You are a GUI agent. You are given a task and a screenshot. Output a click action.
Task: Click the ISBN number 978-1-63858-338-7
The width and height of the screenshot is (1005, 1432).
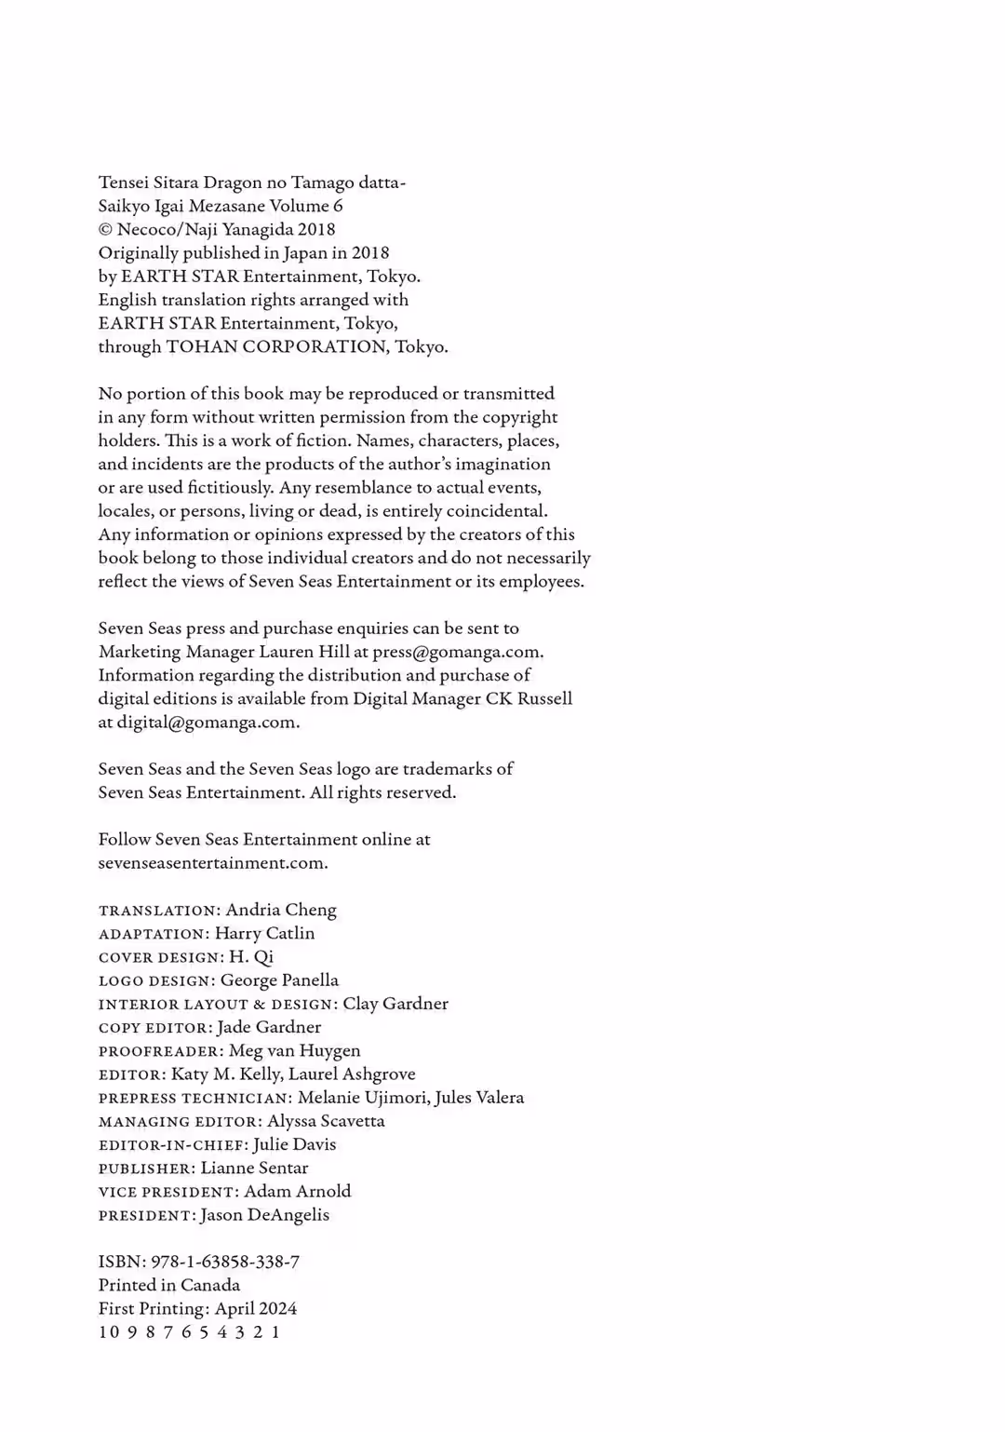(225, 1262)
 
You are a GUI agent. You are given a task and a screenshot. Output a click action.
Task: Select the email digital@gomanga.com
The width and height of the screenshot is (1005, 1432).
(207, 723)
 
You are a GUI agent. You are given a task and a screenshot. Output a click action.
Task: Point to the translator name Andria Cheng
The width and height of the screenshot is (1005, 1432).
(281, 910)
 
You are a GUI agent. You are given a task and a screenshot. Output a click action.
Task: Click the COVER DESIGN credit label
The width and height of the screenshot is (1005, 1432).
(161, 957)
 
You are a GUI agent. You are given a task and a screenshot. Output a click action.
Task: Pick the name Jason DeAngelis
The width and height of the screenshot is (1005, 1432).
(265, 1215)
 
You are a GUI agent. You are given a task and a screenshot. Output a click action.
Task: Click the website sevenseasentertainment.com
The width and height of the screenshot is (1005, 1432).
(212, 863)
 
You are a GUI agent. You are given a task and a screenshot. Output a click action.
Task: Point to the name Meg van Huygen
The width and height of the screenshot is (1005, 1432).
(295, 1050)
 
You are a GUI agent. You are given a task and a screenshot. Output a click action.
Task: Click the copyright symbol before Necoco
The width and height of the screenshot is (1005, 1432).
(105, 230)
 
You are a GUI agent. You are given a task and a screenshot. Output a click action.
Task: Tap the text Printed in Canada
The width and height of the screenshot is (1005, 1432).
(169, 1285)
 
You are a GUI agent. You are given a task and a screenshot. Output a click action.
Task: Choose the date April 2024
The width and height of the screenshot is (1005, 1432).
(256, 1308)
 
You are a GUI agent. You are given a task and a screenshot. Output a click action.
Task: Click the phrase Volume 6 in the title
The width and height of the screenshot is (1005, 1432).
(305, 206)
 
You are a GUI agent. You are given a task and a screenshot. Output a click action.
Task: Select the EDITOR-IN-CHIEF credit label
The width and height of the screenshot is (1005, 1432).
(173, 1145)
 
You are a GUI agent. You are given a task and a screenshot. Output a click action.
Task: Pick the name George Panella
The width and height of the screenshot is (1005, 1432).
(279, 980)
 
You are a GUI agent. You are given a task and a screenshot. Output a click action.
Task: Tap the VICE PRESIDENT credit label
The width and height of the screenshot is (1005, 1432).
(168, 1192)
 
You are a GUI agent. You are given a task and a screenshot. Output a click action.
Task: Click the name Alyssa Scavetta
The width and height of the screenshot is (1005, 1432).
(326, 1121)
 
